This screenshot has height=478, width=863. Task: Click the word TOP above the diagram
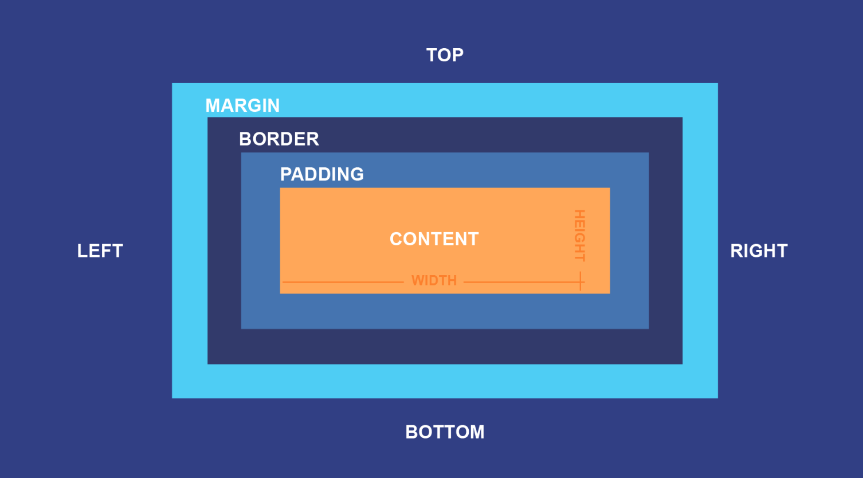pyautogui.click(x=445, y=55)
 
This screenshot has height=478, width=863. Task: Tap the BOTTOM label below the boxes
pyautogui.click(x=445, y=432)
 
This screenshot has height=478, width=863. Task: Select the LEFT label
pyautogui.click(x=100, y=251)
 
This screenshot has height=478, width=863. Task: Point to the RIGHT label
pyautogui.click(x=759, y=251)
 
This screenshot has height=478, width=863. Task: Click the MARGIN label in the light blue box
pyautogui.click(x=242, y=105)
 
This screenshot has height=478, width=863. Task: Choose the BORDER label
pyautogui.click(x=279, y=139)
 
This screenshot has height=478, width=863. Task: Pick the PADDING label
pyautogui.click(x=322, y=174)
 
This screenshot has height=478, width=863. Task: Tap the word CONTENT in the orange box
pyautogui.click(x=434, y=239)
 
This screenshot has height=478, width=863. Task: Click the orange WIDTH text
pyautogui.click(x=434, y=281)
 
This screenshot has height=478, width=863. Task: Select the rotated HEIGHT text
pyautogui.click(x=579, y=236)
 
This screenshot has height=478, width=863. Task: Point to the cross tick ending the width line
pyautogui.click(x=580, y=282)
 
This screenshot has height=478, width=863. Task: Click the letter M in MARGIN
pyautogui.click(x=213, y=105)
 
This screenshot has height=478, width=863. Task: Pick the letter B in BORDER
pyautogui.click(x=245, y=139)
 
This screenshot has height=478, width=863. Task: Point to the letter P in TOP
pyautogui.click(x=457, y=55)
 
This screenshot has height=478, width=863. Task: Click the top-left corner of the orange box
pyautogui.click(x=281, y=189)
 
